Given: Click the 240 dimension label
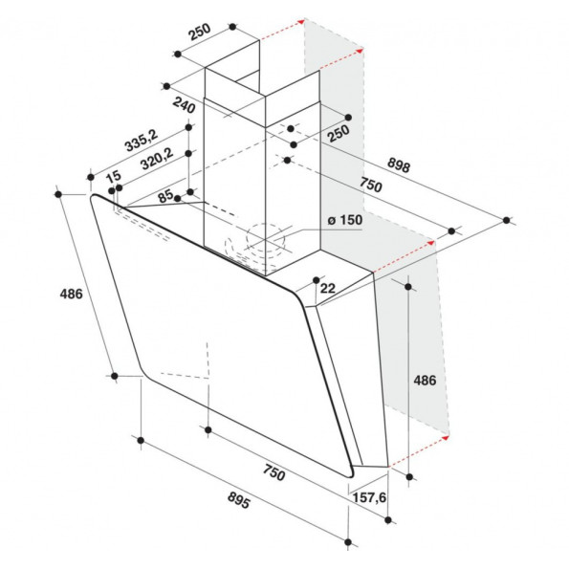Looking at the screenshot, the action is click(x=184, y=105).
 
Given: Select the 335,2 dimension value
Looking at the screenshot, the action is click(x=142, y=140).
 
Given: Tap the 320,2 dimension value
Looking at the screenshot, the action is click(x=157, y=159).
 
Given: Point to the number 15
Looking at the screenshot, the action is click(x=114, y=176).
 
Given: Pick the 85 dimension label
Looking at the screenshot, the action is click(x=165, y=196).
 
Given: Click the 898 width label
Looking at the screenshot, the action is click(x=399, y=165).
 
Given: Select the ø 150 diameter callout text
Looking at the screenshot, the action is click(x=344, y=220).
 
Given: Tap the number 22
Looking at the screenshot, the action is click(x=328, y=288).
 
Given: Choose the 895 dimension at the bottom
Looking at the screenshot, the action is click(x=239, y=500).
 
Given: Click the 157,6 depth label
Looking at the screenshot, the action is click(x=369, y=497).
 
